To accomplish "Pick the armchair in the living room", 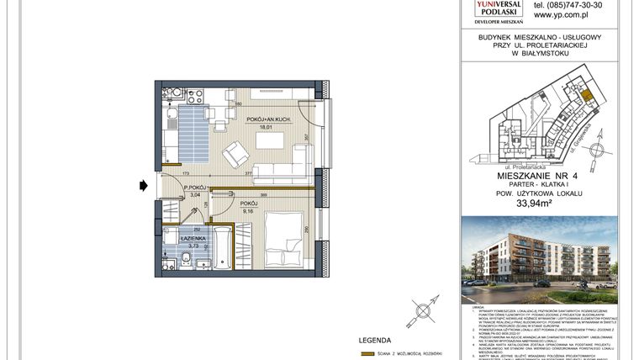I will pos(235,154).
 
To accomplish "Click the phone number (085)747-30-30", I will pos(568,4).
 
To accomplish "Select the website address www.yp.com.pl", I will pos(561,14).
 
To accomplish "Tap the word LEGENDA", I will pos(375,341).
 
